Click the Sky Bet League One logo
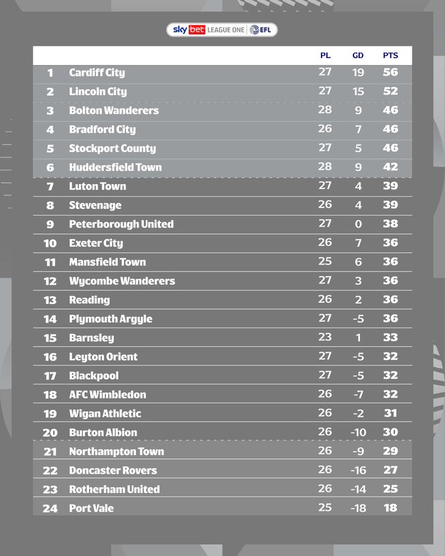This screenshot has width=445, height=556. click(x=222, y=30)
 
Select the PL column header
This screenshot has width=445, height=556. click(x=325, y=56)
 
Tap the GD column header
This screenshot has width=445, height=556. click(x=358, y=56)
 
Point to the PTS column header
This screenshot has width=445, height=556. click(x=390, y=56)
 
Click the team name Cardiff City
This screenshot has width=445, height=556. click(x=97, y=73)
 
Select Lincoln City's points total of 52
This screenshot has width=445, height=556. click(x=390, y=91)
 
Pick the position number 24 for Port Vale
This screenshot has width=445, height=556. click(x=50, y=508)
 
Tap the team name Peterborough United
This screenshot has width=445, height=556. click(x=121, y=224)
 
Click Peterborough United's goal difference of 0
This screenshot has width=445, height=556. click(x=358, y=224)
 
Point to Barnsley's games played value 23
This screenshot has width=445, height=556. click(x=325, y=337)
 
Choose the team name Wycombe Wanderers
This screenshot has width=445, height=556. click(x=122, y=281)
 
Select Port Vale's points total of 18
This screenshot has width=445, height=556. click(x=390, y=508)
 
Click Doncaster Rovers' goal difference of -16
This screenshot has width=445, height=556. click(x=358, y=470)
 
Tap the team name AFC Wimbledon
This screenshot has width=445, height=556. click(x=108, y=395)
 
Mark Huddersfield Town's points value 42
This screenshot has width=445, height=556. click(x=390, y=167)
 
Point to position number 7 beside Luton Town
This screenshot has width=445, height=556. click(x=50, y=187)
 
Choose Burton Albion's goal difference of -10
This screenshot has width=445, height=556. click(x=358, y=432)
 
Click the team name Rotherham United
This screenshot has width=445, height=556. click(x=114, y=489)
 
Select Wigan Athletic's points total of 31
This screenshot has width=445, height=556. click(x=390, y=413)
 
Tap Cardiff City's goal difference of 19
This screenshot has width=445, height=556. click(x=358, y=73)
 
